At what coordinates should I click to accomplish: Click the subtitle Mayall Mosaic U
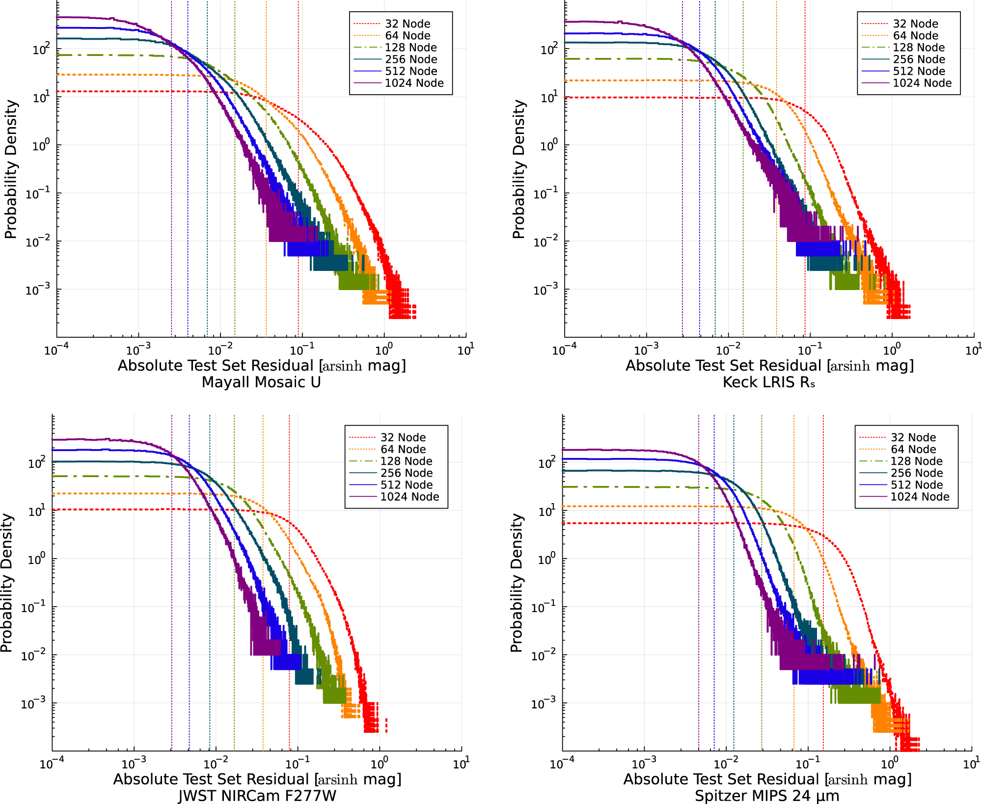(261, 382)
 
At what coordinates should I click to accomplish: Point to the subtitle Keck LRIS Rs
(768, 382)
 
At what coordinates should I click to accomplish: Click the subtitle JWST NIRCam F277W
(257, 795)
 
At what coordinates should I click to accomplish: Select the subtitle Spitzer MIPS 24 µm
(767, 795)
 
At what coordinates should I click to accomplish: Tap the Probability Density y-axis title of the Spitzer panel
(516, 583)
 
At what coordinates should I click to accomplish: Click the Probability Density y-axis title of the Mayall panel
(11, 169)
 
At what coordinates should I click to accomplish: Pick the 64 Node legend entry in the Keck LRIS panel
(915, 35)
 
